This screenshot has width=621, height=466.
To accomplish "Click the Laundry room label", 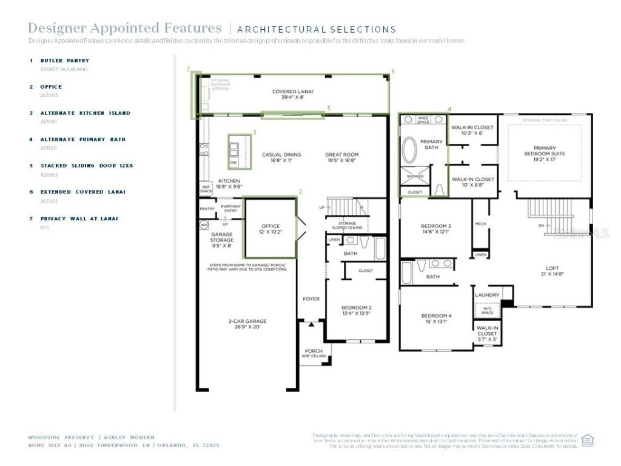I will [x=488, y=295].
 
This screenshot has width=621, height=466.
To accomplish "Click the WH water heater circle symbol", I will [x=203, y=225].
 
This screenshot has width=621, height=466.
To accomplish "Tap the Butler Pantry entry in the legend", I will [x=65, y=61].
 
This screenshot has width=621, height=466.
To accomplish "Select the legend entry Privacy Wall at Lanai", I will [x=79, y=218].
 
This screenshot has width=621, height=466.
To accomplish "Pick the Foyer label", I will [x=311, y=299].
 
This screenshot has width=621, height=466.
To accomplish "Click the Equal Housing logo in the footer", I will [x=587, y=440].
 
